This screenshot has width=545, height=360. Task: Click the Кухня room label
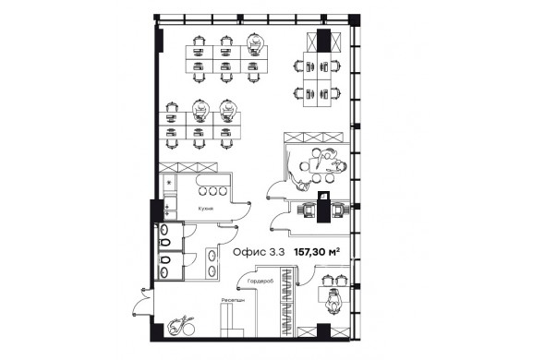pos(206,209)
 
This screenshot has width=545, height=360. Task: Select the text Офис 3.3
pos(259,252)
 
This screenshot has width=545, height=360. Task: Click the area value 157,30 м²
pos(317,252)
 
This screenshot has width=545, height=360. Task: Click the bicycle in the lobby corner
pos(181,326)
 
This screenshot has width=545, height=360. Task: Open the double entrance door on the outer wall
pos(143,302)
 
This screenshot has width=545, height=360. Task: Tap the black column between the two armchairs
pos(323,207)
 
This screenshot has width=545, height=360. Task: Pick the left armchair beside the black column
pos(306,210)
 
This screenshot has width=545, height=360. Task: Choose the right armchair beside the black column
pos(340,210)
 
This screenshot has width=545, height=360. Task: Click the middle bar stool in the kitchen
pos(212,191)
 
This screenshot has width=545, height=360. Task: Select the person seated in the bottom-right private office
pos(333,300)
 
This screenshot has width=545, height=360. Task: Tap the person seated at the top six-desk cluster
pos(255,42)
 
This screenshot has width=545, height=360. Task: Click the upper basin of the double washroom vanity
pos(212,256)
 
